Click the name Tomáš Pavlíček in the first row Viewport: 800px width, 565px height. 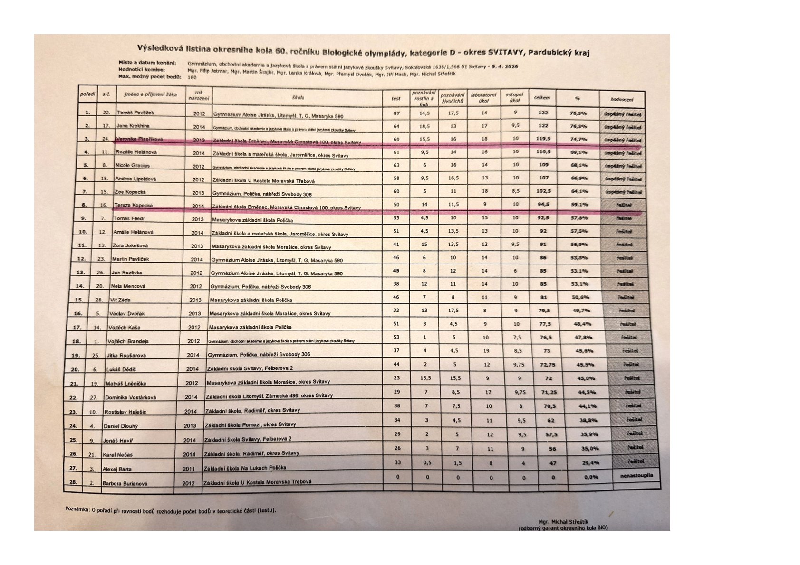[x=135, y=113]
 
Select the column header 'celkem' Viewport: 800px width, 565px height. [x=542, y=98]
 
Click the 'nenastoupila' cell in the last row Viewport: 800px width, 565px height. [x=636, y=475]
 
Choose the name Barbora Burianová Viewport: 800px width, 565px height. [x=125, y=484]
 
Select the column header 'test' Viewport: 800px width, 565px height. [x=395, y=99]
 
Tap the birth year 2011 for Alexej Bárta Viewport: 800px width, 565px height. [x=189, y=469]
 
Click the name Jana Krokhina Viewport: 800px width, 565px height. [x=133, y=126]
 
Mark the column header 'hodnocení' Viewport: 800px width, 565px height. [x=622, y=100]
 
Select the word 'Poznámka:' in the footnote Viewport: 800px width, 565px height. [x=77, y=509]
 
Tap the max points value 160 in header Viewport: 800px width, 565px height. [x=192, y=77]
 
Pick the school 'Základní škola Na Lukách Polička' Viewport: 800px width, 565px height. [x=245, y=468]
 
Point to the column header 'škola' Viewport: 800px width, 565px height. [x=298, y=97]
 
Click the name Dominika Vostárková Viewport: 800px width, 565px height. [x=130, y=397]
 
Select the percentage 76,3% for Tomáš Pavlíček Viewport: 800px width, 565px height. [x=578, y=113]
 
